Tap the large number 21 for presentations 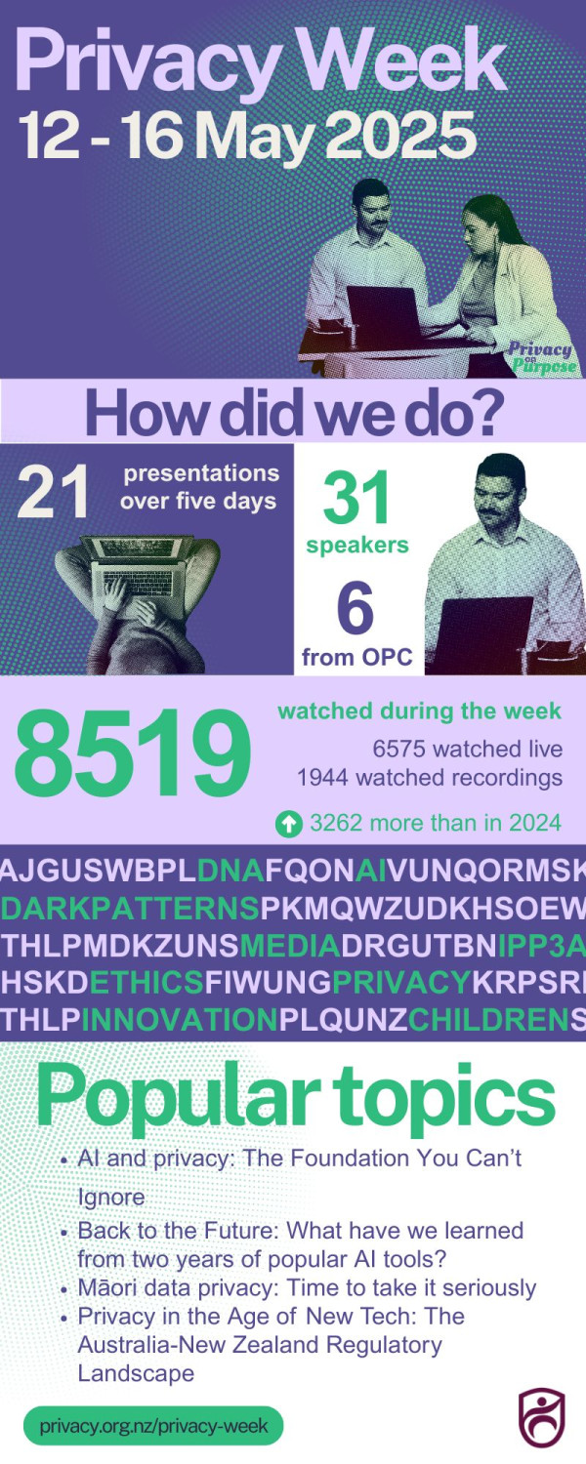53,492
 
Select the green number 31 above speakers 356,500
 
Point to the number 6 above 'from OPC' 356,610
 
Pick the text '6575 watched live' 467,749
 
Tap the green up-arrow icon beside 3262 288,824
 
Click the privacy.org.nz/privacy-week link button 153,1425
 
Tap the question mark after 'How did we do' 486,413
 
